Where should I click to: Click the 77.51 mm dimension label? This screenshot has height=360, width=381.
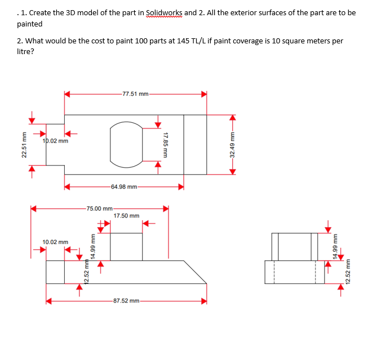click(x=135, y=94)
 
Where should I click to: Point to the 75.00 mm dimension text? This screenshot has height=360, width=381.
click(x=99, y=208)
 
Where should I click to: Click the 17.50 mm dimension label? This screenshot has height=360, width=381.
click(x=126, y=216)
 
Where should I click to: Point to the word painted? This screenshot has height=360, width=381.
click(x=29, y=24)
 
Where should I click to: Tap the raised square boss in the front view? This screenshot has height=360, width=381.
click(x=126, y=246)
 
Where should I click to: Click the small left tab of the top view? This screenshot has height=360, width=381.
click(x=55, y=144)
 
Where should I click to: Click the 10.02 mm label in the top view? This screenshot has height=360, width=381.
click(x=56, y=141)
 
